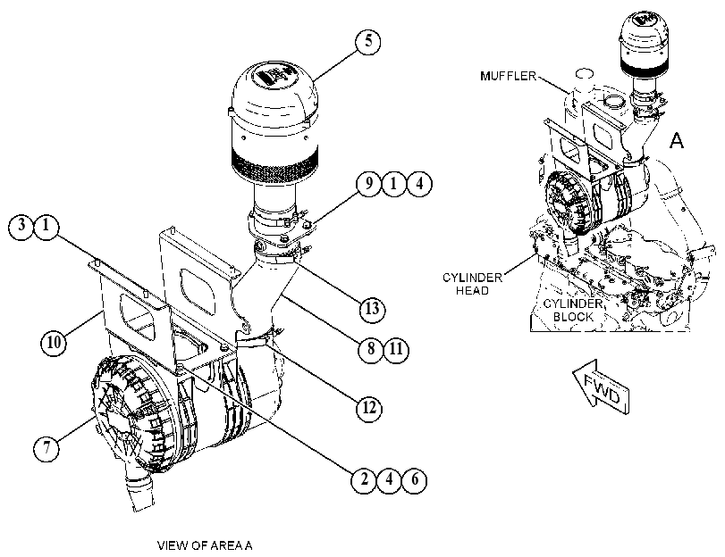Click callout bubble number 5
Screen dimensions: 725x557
368,42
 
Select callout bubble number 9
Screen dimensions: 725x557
369,184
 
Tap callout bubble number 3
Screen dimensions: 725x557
21,227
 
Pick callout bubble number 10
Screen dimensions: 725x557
54,343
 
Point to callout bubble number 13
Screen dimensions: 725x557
372,309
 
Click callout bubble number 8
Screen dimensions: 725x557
371,349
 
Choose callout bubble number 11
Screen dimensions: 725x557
396,349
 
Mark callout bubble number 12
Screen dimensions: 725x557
369,408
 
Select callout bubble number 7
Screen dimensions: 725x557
46,448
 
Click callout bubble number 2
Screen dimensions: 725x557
364,480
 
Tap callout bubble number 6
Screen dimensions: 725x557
414,480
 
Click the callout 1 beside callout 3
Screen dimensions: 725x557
46,227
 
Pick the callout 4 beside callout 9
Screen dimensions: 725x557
419,184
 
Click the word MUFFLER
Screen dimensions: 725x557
508,76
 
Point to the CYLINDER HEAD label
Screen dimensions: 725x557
472,284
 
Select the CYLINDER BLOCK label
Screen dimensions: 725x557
573,311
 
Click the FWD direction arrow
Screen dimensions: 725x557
601,387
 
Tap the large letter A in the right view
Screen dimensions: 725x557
677,140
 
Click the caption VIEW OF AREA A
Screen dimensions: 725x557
205,546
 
